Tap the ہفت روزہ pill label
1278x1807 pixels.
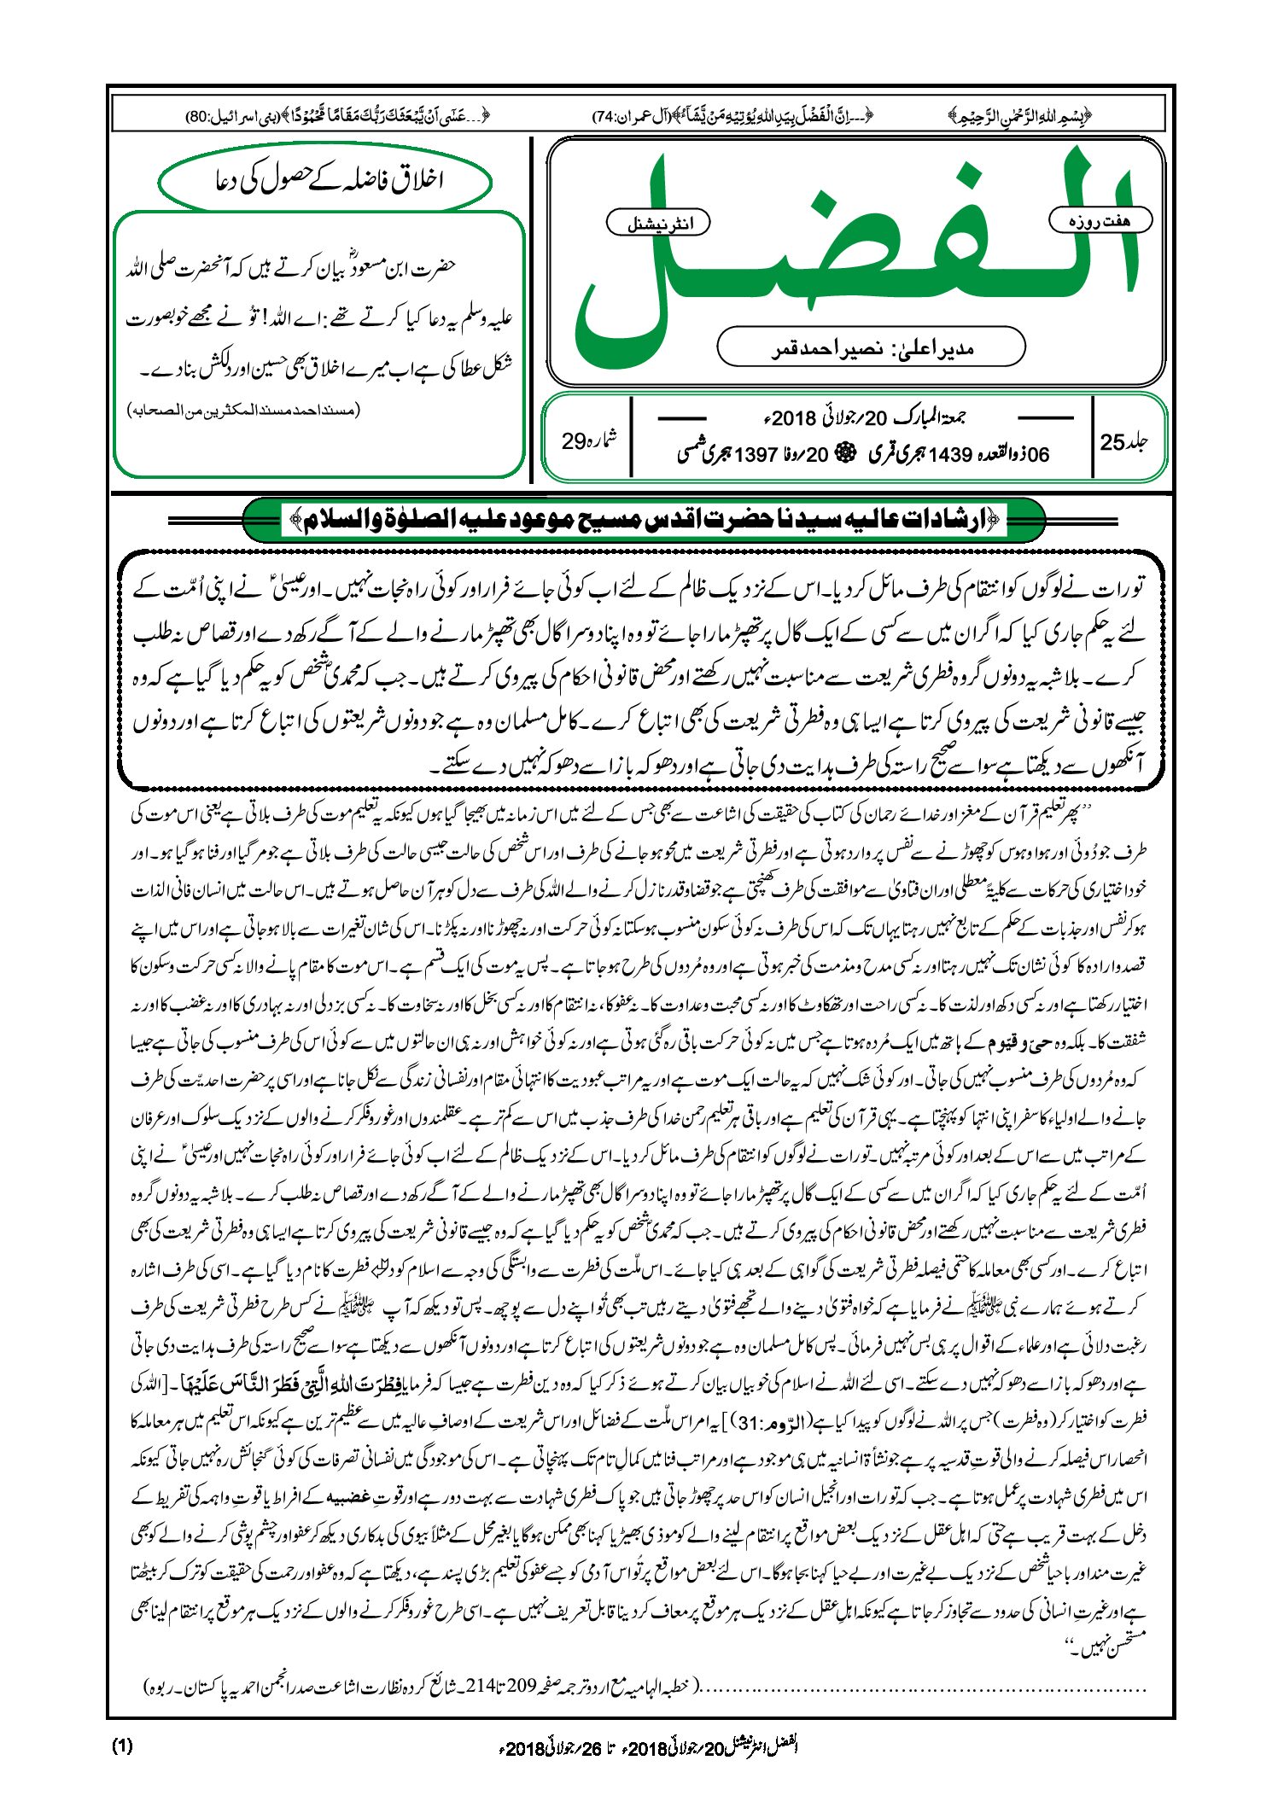[1100, 220]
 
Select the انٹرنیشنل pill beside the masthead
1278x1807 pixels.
[658, 224]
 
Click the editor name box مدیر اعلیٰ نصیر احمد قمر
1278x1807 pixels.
[871, 347]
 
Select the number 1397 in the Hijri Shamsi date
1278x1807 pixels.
[756, 454]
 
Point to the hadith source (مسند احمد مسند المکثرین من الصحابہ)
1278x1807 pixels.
[244, 411]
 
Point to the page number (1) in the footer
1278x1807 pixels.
[122, 1746]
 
